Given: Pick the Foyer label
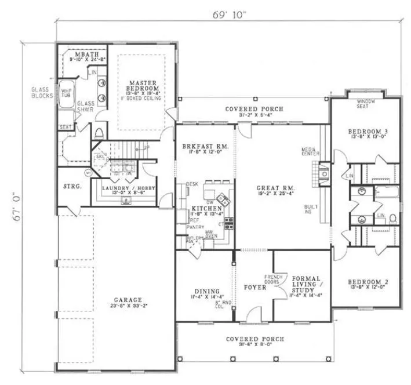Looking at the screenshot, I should [x=255, y=287].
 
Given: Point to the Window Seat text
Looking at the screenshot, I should [x=365, y=104].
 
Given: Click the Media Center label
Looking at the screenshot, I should [x=308, y=151].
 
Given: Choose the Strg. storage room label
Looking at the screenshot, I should [x=71, y=187].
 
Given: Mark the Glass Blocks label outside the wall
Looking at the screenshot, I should [x=42, y=93].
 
